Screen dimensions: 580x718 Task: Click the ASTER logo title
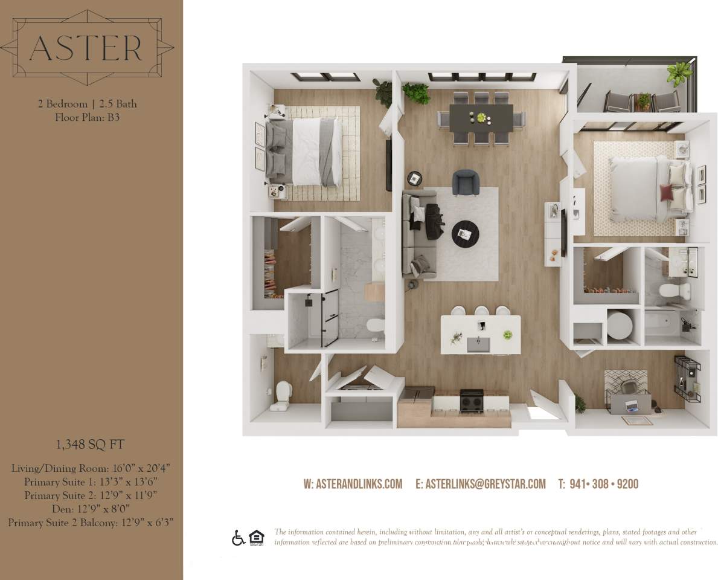86,48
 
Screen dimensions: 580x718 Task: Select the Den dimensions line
91,509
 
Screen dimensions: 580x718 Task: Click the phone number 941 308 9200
598,484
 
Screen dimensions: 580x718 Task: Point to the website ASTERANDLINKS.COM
353,484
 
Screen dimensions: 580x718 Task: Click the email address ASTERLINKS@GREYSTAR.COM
481,484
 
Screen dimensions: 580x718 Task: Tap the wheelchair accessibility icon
238,538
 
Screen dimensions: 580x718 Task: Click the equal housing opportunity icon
257,537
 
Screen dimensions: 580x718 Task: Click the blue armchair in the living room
466,182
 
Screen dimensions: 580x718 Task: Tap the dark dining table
481,116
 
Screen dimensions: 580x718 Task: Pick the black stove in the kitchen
472,400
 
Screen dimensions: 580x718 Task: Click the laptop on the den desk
632,405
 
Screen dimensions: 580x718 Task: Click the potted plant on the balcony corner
679,73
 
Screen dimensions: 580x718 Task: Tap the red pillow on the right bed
666,193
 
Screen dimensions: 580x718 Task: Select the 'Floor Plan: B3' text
88,117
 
